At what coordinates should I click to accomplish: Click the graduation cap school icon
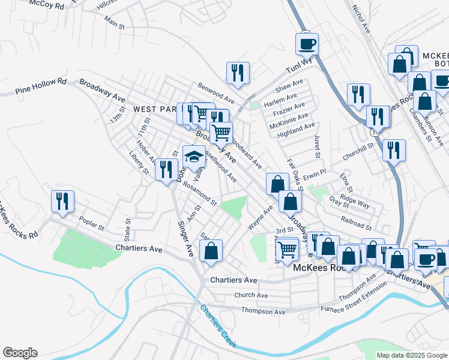tap(194, 157)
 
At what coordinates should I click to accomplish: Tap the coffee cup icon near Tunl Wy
tap(307, 44)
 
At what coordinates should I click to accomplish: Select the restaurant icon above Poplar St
tap(62, 202)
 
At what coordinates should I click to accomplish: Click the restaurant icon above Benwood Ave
tap(238, 73)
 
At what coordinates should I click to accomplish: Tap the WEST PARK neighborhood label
tap(153, 109)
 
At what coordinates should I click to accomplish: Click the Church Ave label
tap(251, 295)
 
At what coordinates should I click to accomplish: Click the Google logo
tap(20, 353)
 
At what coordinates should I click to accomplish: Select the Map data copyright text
tap(412, 355)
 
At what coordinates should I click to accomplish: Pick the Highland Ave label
tap(296, 129)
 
